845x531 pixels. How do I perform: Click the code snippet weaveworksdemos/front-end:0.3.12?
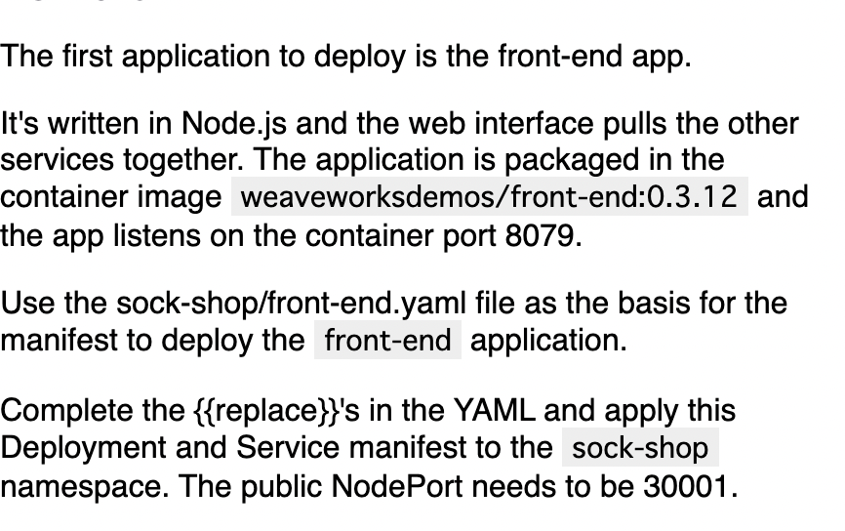[489, 196]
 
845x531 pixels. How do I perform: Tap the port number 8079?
[541, 235]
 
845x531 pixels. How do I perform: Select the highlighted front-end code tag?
[387, 340]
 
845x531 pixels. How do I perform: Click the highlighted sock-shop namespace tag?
[640, 448]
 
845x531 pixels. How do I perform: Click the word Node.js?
[234, 124]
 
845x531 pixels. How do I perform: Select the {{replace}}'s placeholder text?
[276, 411]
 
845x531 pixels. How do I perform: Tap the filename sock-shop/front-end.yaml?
[291, 304]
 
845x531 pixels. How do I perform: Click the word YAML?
[495, 410]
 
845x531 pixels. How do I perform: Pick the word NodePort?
[396, 486]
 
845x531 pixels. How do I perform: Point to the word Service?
[288, 448]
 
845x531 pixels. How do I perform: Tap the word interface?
[534, 123]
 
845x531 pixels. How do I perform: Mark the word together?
[182, 160]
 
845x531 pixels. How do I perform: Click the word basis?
[654, 303]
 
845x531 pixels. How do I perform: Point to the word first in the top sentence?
[87, 56]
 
